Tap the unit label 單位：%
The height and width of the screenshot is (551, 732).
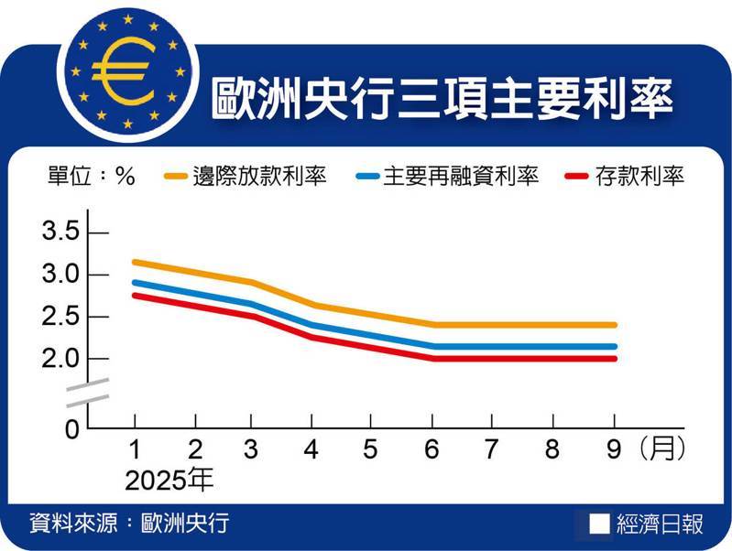91,177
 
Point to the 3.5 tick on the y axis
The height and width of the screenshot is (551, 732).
62,232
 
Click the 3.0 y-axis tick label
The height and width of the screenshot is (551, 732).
62,275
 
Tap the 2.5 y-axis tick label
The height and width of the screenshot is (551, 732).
62,317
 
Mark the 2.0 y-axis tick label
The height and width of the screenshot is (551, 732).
62,359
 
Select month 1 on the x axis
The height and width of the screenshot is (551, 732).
135,450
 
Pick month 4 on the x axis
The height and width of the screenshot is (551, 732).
311,450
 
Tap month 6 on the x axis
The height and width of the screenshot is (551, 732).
431,450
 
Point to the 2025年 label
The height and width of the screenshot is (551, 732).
169,479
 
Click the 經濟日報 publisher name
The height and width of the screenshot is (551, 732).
659,524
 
